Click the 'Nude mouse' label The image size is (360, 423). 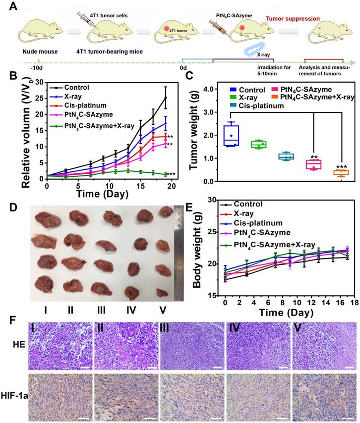38,51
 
